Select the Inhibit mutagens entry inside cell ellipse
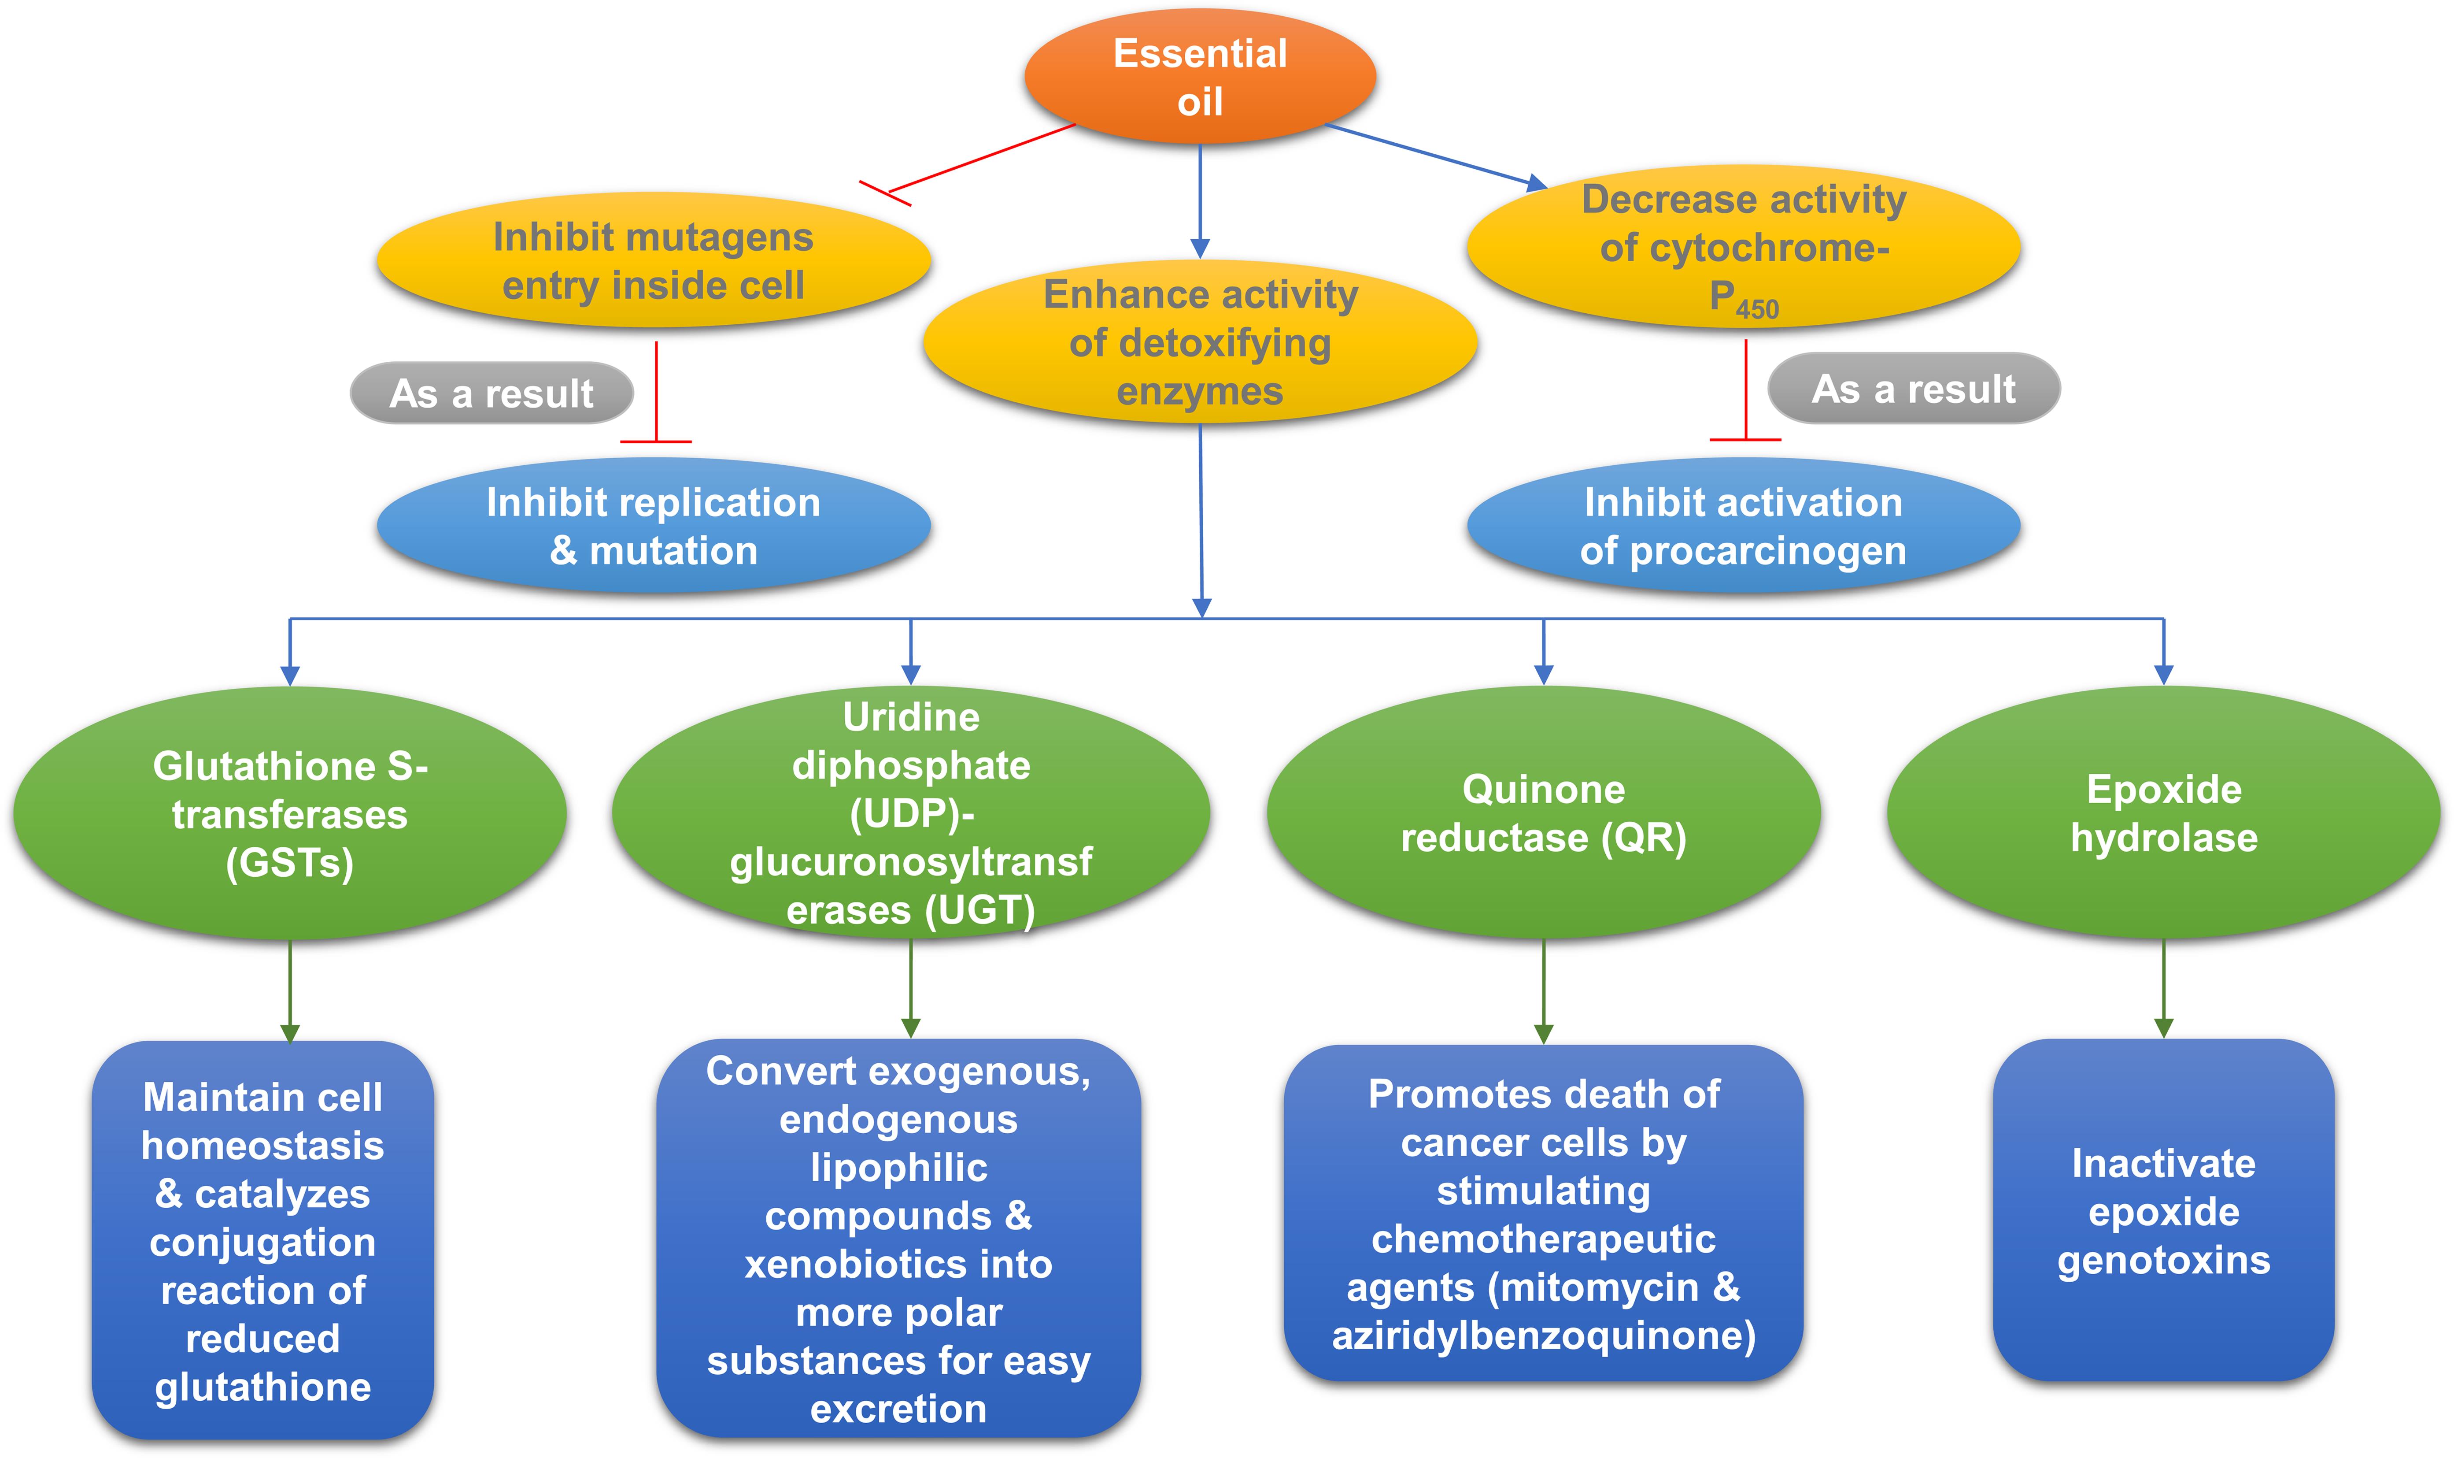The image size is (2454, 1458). (653, 260)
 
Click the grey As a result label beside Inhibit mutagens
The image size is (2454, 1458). (491, 393)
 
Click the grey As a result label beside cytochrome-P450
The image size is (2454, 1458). (1913, 389)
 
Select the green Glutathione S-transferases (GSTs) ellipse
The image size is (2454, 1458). (290, 813)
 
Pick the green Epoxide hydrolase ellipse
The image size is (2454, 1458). (2163, 813)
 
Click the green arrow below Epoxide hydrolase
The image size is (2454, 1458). (2163, 987)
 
